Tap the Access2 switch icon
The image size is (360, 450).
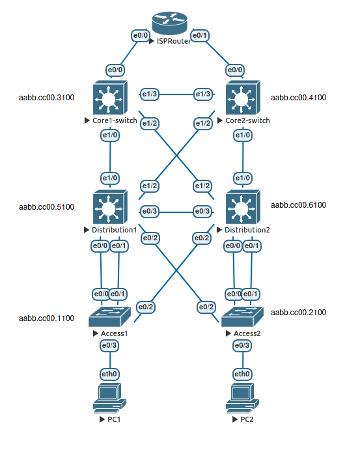[242, 316]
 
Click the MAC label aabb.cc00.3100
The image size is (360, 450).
[46, 98]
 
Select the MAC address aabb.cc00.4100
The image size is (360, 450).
[298, 98]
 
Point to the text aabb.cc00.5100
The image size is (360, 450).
[46, 207]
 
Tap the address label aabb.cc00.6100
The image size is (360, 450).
[298, 205]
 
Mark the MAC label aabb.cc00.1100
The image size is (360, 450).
[46, 318]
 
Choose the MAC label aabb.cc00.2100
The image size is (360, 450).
[298, 313]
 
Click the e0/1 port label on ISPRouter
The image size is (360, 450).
[199, 35]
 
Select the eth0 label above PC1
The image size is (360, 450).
[110, 374]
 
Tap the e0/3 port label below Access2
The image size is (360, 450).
[242, 345]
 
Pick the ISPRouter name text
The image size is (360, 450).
[176, 41]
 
